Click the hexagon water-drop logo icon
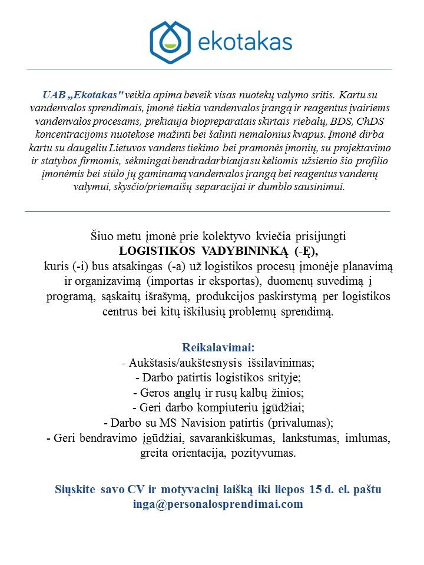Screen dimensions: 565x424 pos(171,42)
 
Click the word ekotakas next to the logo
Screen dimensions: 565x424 pos(246,42)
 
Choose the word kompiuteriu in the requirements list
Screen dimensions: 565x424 pos(217,407)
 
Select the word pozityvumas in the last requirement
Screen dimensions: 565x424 pos(267,453)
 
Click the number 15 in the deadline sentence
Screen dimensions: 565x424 pos(316,490)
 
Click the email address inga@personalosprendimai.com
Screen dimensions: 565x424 pos(218,504)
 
